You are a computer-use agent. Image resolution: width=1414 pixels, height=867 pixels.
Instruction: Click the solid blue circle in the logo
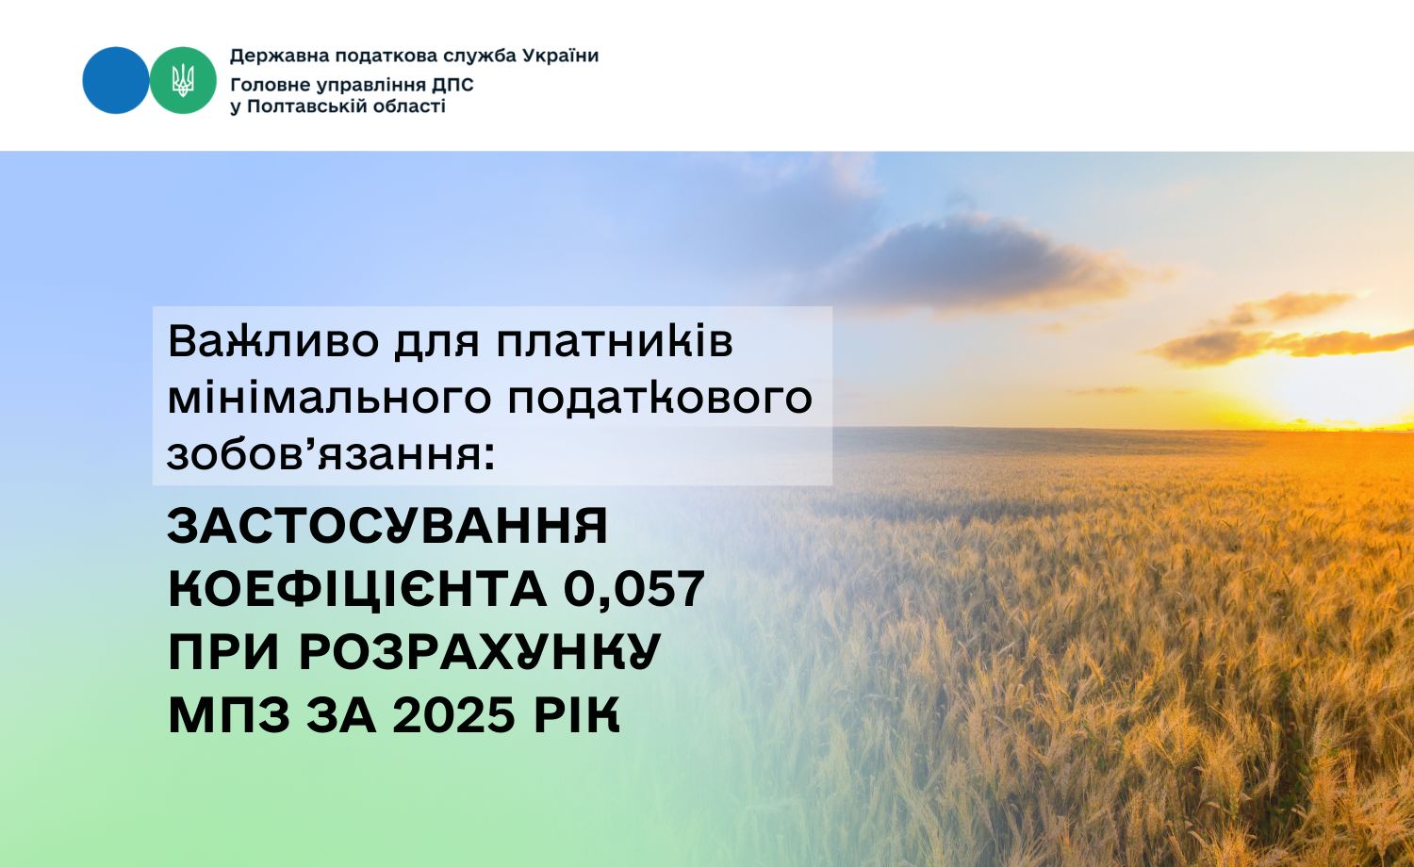115,80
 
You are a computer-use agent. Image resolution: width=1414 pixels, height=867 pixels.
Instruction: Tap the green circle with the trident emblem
183,80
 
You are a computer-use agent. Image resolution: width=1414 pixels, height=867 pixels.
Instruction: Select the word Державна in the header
272,56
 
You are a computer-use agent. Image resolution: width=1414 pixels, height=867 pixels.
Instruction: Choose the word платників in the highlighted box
616,342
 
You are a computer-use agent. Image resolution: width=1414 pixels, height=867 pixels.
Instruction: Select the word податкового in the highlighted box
660,398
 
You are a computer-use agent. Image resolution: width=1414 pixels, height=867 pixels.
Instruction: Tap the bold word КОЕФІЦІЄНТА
357,590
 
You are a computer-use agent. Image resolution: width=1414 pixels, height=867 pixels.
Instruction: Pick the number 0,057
634,590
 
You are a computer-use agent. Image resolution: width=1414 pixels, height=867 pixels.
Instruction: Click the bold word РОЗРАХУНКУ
481,652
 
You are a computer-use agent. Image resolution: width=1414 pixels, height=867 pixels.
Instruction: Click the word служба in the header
480,56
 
